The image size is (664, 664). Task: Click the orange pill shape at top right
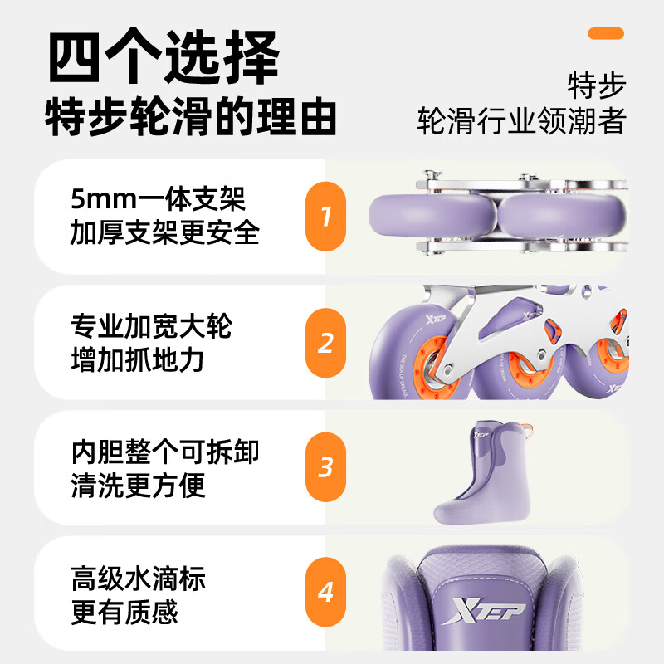coord(605,33)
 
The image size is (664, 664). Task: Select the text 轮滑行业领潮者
coord(520,121)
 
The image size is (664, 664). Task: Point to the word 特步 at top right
coord(596,85)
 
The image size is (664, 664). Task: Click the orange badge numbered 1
coord(325,217)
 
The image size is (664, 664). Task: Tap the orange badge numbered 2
coord(325,342)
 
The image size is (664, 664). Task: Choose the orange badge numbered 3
coord(325,466)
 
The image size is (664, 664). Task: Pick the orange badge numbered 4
coord(325,593)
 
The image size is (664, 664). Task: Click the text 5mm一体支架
coord(158,200)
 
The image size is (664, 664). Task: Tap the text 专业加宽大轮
coord(151,326)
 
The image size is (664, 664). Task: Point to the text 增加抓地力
coord(137,360)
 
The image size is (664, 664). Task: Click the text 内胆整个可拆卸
coord(165,452)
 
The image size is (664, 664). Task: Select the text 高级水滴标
coord(137,578)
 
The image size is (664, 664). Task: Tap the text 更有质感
coord(124,613)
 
